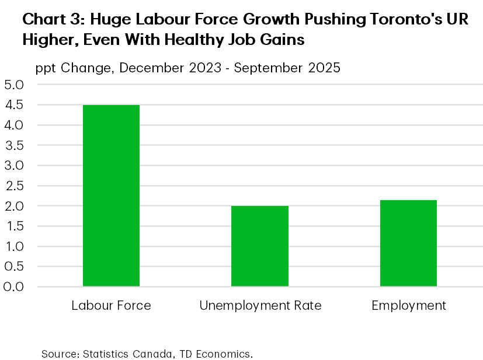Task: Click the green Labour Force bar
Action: pos(111,195)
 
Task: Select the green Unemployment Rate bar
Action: pos(260,246)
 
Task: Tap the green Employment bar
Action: pos(408,243)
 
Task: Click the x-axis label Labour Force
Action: pos(111,306)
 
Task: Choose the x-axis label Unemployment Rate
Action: pos(260,306)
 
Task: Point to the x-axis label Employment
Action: pos(408,306)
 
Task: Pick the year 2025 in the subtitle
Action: pos(323,68)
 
